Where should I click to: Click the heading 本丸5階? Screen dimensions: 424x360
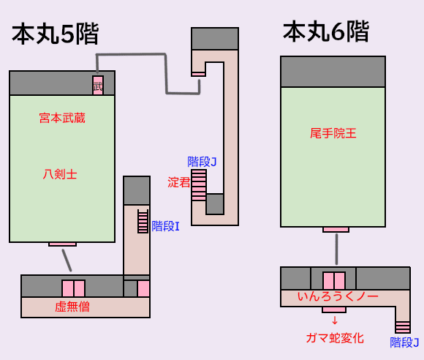pyautogui.click(x=55, y=34)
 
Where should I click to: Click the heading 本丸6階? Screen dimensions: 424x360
pyautogui.click(x=326, y=31)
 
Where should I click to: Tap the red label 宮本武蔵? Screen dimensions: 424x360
pyautogui.click(x=62, y=119)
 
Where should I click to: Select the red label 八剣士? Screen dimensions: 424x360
pyautogui.click(x=60, y=174)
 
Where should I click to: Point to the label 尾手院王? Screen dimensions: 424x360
pyautogui.click(x=333, y=133)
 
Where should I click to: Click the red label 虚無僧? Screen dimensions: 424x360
pyautogui.click(x=72, y=307)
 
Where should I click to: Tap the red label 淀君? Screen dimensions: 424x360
pyautogui.click(x=179, y=182)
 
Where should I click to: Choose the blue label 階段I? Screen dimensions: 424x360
pyautogui.click(x=165, y=226)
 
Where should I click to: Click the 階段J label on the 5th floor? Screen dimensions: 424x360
pyautogui.click(x=202, y=162)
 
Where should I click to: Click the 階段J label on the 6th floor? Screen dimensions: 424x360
pyautogui.click(x=404, y=342)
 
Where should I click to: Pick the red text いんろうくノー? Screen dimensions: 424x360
pyautogui.click(x=338, y=296)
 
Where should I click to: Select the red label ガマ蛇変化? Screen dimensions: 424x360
pyautogui.click(x=335, y=338)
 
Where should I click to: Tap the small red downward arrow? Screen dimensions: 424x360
pyautogui.click(x=335, y=320)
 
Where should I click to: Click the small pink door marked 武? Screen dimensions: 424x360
pyautogui.click(x=98, y=86)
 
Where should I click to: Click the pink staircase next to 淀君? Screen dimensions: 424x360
pyautogui.click(x=199, y=185)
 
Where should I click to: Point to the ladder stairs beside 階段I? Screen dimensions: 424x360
pyautogui.click(x=143, y=221)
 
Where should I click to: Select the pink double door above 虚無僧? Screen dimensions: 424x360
pyautogui.click(x=74, y=288)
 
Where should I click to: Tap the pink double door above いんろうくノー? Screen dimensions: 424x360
pyautogui.click(x=334, y=281)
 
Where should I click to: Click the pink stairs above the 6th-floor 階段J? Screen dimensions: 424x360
pyautogui.click(x=403, y=327)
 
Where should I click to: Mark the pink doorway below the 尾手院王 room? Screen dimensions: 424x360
pyautogui.click(x=336, y=230)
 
